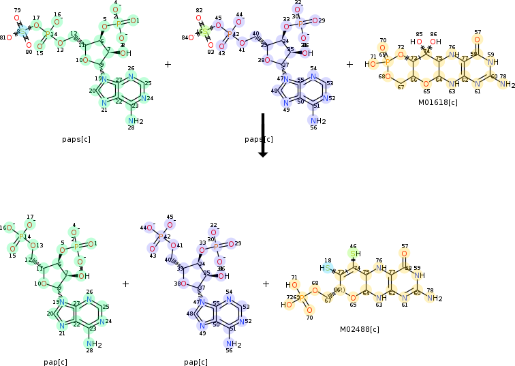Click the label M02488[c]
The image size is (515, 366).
click(x=360, y=329)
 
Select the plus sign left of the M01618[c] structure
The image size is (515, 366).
click(x=350, y=64)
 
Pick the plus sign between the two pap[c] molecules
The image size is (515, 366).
click(x=125, y=283)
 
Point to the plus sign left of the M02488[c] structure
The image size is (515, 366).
click(x=266, y=283)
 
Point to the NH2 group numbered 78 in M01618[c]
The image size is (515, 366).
click(x=505, y=85)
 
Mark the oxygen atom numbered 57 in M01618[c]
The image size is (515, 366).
click(x=477, y=40)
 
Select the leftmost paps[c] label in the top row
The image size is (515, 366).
click(x=76, y=138)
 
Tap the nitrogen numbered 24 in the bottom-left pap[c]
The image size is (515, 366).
click(x=102, y=321)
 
